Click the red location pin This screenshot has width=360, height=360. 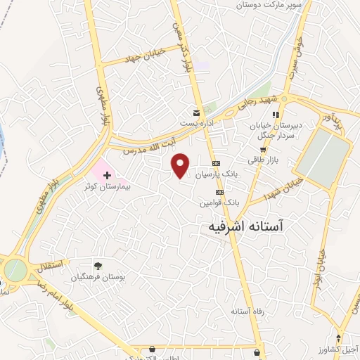(181, 165)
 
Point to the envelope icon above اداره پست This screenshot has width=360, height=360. (198, 112)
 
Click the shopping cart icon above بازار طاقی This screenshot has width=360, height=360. (263, 149)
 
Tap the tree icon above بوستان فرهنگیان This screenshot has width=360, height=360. (97, 266)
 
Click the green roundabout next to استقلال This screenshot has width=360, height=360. (14, 269)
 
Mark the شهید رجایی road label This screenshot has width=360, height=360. (262, 103)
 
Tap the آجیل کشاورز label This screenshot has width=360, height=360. (337, 348)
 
